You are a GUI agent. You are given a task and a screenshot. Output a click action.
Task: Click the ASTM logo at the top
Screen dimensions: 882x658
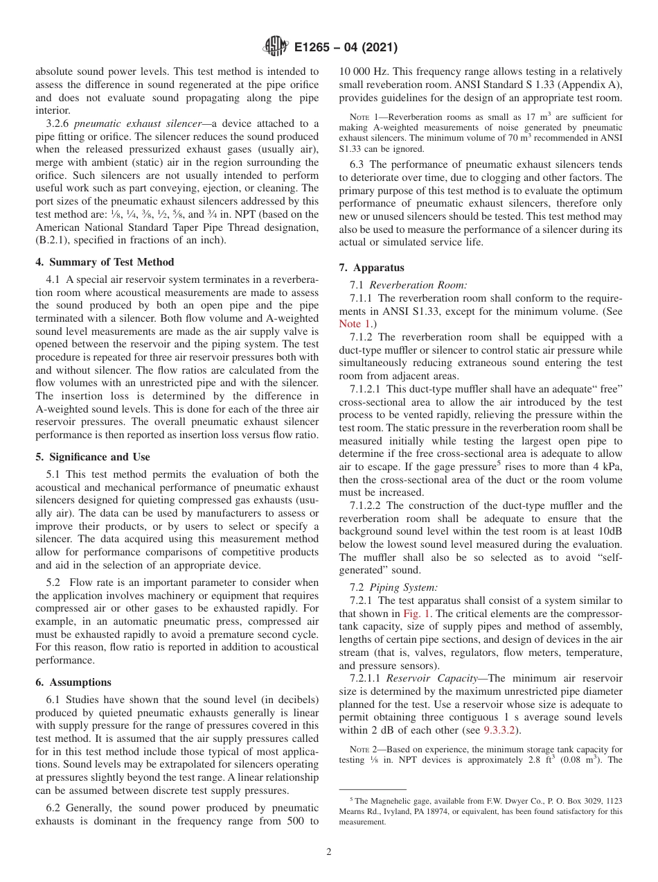[x=276, y=48]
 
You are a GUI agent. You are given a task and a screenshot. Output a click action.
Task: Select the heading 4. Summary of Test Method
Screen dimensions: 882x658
[x=105, y=262]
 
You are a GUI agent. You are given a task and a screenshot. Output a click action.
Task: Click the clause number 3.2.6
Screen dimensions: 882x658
[x=58, y=123]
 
